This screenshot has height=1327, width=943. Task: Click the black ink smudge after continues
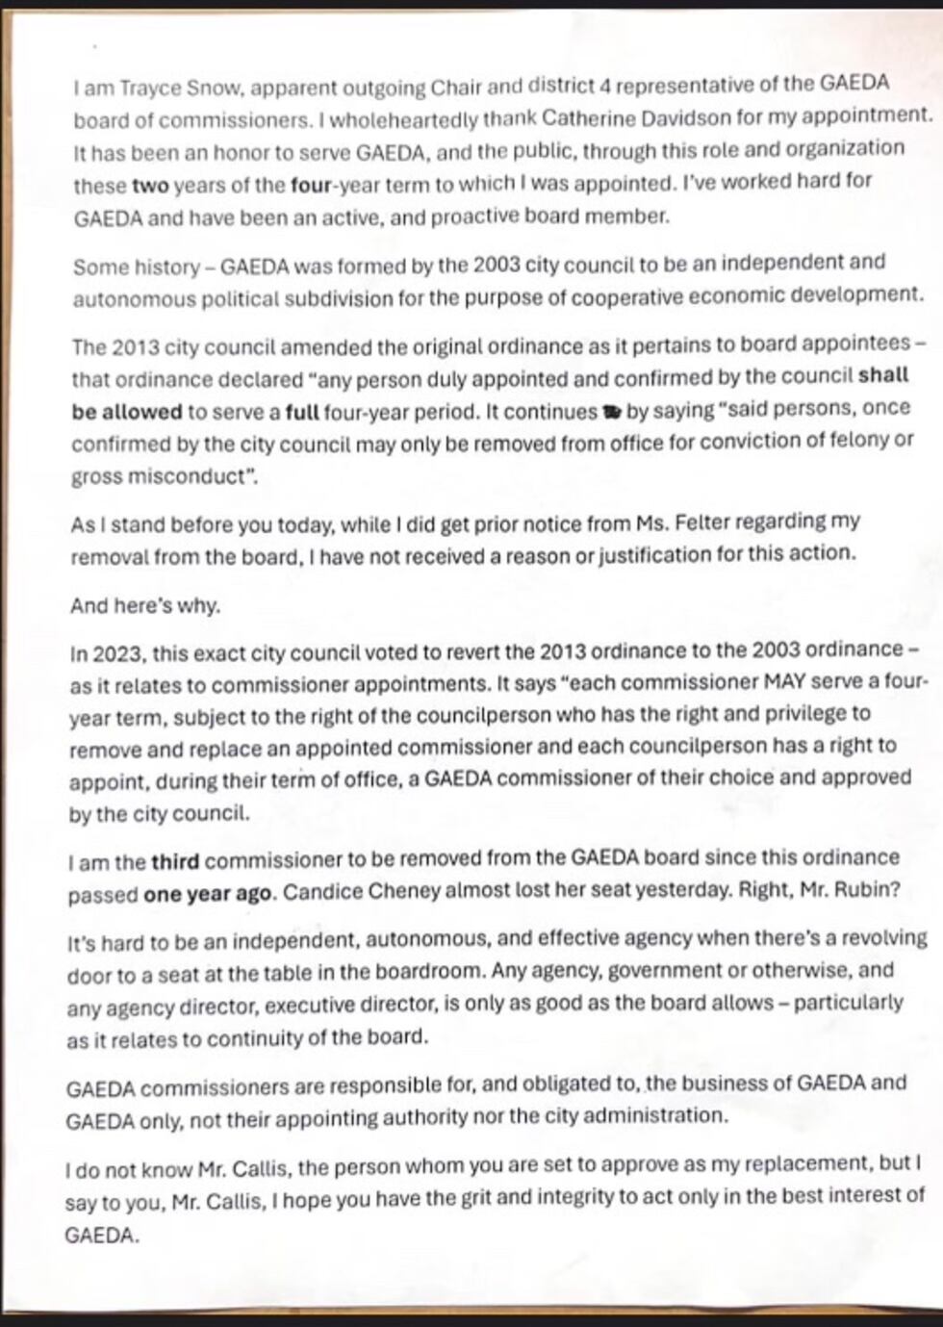coord(610,413)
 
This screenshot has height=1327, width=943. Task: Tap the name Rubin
coord(863,890)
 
